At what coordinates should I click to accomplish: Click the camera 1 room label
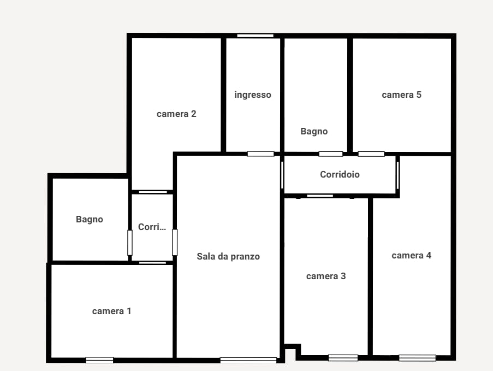pyautogui.click(x=111, y=311)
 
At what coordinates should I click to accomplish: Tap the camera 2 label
pyautogui.click(x=176, y=114)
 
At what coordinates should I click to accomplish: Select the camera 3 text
pyautogui.click(x=326, y=276)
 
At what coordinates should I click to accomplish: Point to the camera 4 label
pyautogui.click(x=411, y=255)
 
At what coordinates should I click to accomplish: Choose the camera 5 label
pyautogui.click(x=401, y=95)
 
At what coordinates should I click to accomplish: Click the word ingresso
pyautogui.click(x=253, y=95)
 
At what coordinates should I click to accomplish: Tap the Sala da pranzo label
pyautogui.click(x=228, y=256)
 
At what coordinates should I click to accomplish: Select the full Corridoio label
pyautogui.click(x=340, y=175)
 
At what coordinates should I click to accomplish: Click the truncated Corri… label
pyautogui.click(x=152, y=227)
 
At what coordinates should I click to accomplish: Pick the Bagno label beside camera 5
pyautogui.click(x=314, y=131)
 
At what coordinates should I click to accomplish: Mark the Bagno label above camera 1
pyautogui.click(x=90, y=219)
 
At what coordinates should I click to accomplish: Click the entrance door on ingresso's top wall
pyautogui.click(x=255, y=36)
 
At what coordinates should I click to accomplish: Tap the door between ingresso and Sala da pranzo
pyautogui.click(x=260, y=154)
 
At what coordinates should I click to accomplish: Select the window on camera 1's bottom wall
pyautogui.click(x=99, y=360)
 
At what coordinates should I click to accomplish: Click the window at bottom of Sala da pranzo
pyautogui.click(x=248, y=360)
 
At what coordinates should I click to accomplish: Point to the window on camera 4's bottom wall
pyautogui.click(x=417, y=358)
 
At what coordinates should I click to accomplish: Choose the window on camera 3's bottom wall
pyautogui.click(x=343, y=358)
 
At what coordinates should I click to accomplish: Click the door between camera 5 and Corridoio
pyautogui.click(x=371, y=154)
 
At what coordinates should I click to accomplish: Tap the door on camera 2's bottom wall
pyautogui.click(x=153, y=192)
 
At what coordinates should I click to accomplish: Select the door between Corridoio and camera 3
pyautogui.click(x=320, y=196)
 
